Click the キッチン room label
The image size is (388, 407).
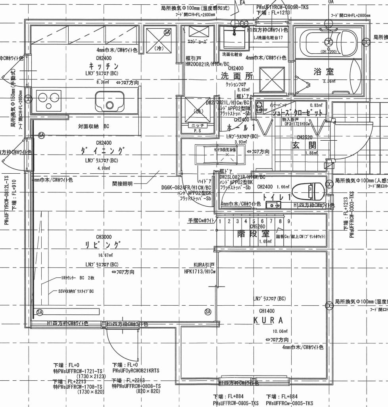point(104,66)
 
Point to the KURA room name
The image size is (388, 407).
point(269,320)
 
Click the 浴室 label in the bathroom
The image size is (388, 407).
point(324,72)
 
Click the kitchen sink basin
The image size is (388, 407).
point(110,101)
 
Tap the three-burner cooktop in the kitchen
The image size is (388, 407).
point(48,100)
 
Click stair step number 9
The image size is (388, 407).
point(289,221)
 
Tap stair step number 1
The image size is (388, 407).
point(220,221)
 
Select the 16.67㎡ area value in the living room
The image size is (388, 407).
point(104,255)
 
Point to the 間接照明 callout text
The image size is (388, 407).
point(123,184)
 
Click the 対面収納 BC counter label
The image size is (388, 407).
point(93,126)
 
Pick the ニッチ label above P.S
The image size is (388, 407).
point(197,125)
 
